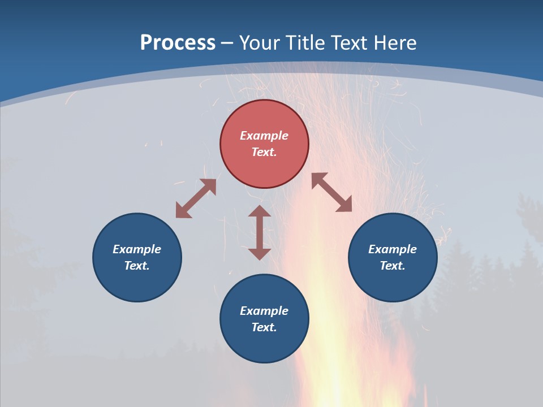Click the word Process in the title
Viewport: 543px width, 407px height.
178,43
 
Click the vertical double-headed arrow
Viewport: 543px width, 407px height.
260,232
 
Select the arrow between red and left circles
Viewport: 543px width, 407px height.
196,198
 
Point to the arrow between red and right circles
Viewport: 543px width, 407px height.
331,192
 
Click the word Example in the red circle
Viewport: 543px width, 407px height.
264,136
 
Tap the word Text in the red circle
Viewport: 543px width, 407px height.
264,152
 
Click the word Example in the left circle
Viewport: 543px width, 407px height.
137,249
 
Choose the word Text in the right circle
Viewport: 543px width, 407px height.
393,266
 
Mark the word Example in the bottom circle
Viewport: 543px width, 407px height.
264,311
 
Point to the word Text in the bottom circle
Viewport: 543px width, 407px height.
264,327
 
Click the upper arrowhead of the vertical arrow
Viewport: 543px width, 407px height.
260,213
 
